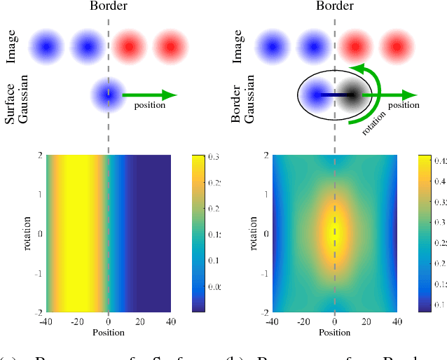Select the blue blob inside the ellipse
point(317,94)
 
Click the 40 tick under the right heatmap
point(396,321)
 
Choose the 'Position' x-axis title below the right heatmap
point(335,331)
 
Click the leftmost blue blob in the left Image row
point(46,47)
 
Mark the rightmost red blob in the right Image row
point(397,47)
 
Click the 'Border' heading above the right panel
point(335,7)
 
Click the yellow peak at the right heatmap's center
point(335,235)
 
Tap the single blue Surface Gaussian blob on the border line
point(106,94)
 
